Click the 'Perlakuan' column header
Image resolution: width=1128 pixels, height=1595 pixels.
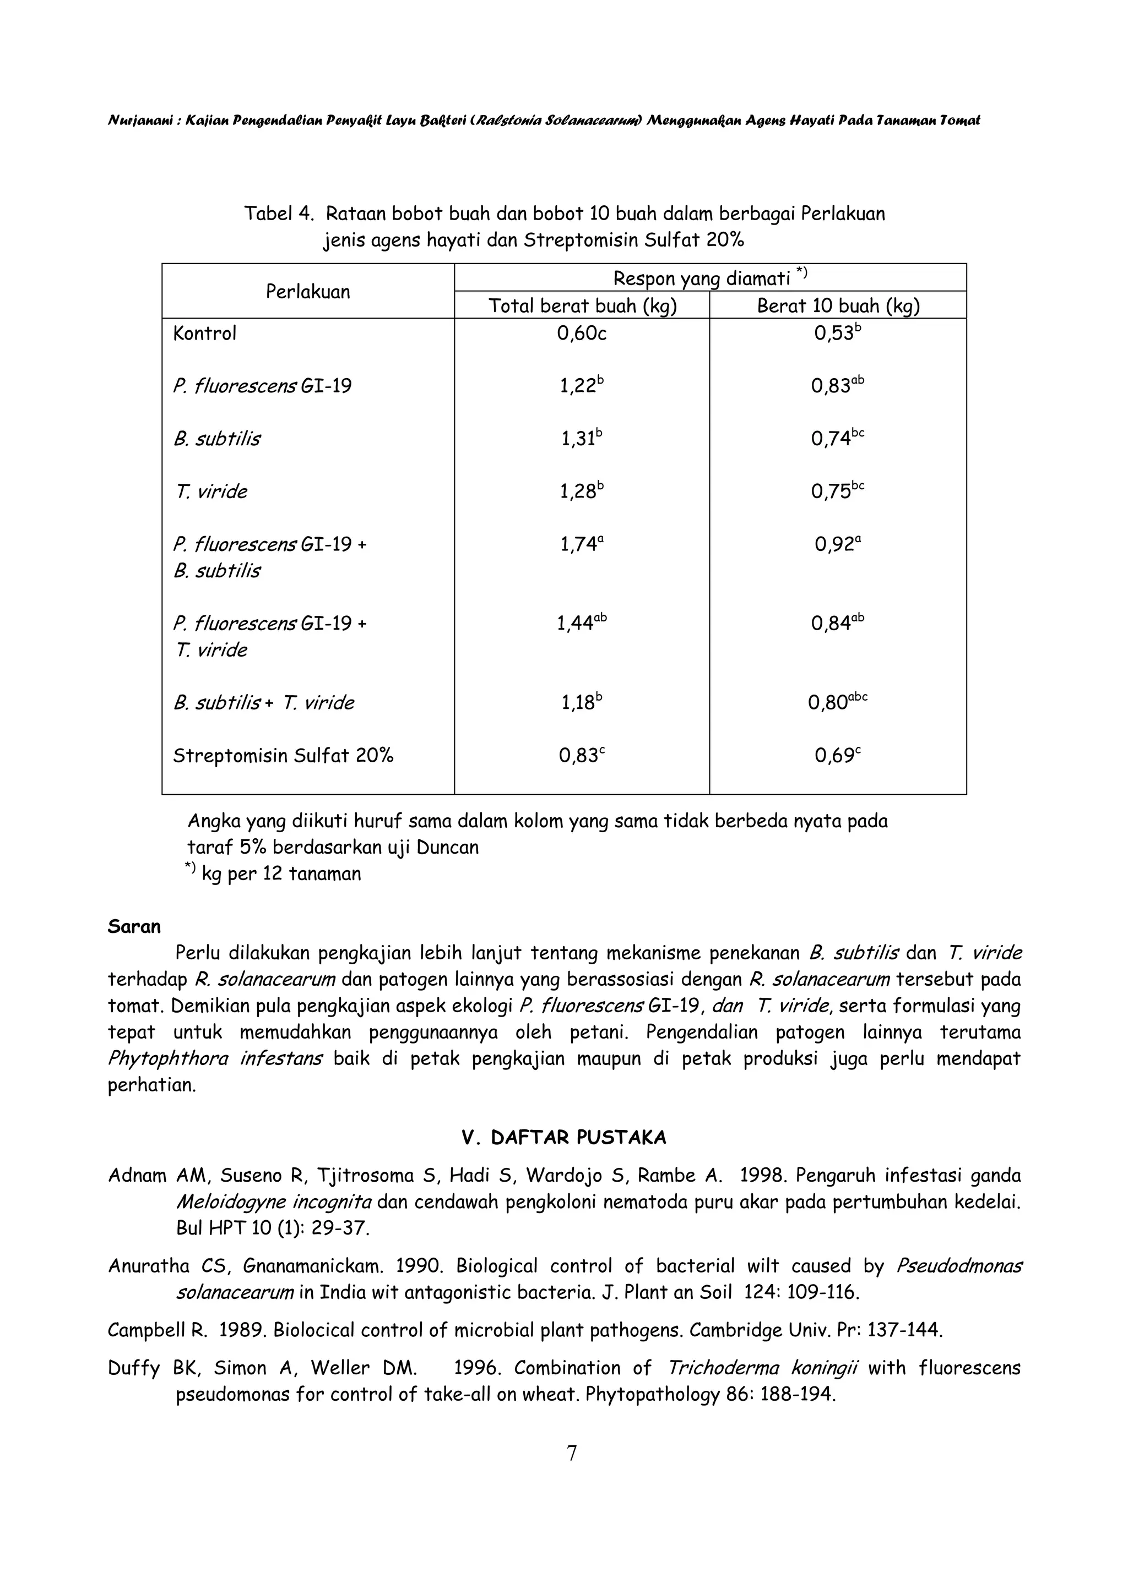pyautogui.click(x=307, y=292)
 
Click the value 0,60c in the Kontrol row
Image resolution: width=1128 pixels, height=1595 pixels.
pyautogui.click(x=582, y=334)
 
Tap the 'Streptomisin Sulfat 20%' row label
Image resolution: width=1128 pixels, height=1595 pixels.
pyautogui.click(x=283, y=756)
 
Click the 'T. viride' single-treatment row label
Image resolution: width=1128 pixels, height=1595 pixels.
pyautogui.click(x=210, y=492)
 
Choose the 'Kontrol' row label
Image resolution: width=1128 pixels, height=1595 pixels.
pyautogui.click(x=204, y=334)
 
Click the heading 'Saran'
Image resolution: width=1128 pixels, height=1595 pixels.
pyautogui.click(x=134, y=927)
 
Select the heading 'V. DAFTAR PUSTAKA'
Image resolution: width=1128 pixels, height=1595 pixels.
pyautogui.click(x=563, y=1138)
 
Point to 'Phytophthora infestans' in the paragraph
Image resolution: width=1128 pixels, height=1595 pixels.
pyautogui.click(x=215, y=1059)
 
